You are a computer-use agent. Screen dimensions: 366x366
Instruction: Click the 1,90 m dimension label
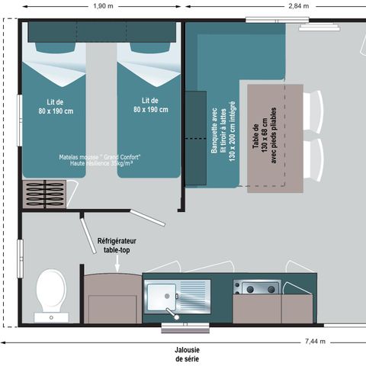pyautogui.click(x=103, y=6)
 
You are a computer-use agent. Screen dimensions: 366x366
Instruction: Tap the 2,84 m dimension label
pyautogui.click(x=299, y=6)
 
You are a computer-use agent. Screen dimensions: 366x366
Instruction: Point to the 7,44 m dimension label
pyautogui.click(x=315, y=342)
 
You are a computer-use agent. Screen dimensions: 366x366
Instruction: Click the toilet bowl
pyautogui.click(x=51, y=291)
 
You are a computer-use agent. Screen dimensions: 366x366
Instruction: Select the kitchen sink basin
pyautogui.click(x=162, y=297)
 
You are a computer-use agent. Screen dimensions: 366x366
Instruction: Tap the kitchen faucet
pyautogui.click(x=172, y=313)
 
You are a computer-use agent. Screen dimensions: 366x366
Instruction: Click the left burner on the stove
pyautogui.click(x=250, y=289)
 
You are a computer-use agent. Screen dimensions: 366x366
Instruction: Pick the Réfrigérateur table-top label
pyautogui.click(x=117, y=246)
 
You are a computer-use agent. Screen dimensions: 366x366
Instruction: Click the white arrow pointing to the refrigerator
pyautogui.click(x=117, y=264)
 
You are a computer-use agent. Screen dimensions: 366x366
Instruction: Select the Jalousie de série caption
pyautogui.click(x=187, y=355)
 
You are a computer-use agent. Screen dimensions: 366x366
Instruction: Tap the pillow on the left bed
pyautogui.click(x=56, y=47)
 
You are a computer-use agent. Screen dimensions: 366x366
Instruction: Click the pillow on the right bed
pyautogui.click(x=150, y=47)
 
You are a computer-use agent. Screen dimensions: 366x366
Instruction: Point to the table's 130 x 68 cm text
pyautogui.click(x=265, y=136)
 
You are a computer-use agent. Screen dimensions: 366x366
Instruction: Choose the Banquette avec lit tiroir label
pyautogui.click(x=223, y=131)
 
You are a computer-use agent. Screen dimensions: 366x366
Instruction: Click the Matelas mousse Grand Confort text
pyautogui.click(x=100, y=157)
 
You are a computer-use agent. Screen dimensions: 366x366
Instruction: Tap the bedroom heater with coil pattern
pyautogui.click(x=44, y=194)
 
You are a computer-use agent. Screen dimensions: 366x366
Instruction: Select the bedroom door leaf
pyautogui.click(x=148, y=217)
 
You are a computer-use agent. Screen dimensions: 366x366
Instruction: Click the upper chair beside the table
pyautogui.click(x=313, y=112)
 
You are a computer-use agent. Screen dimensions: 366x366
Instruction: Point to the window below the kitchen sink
pyautogui.click(x=185, y=328)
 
